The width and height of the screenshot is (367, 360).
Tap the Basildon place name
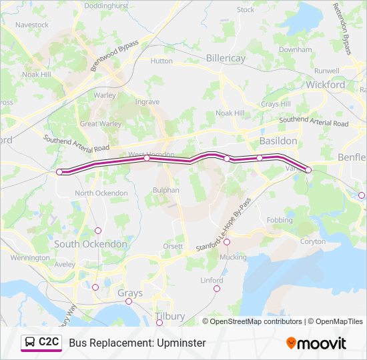coord(278,141)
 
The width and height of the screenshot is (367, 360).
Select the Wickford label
coord(325,85)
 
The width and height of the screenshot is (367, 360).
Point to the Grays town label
coord(130,293)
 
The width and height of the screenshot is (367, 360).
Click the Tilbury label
coord(168,315)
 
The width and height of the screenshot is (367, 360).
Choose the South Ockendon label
coord(91,244)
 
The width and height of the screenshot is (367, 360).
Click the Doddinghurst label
coord(106,5)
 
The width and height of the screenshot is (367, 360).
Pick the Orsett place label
coord(173,246)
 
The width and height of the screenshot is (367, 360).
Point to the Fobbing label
coord(279,219)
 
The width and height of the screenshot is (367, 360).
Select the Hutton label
coord(161,60)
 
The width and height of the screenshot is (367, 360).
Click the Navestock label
coord(32,25)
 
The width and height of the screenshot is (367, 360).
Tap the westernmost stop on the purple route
coord(59,172)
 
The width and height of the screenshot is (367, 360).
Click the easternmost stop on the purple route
coord(308,170)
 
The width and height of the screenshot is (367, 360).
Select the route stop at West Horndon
coord(147,159)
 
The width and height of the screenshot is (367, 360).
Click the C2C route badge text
coord(49,343)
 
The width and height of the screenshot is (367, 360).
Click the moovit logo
coord(316,343)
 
